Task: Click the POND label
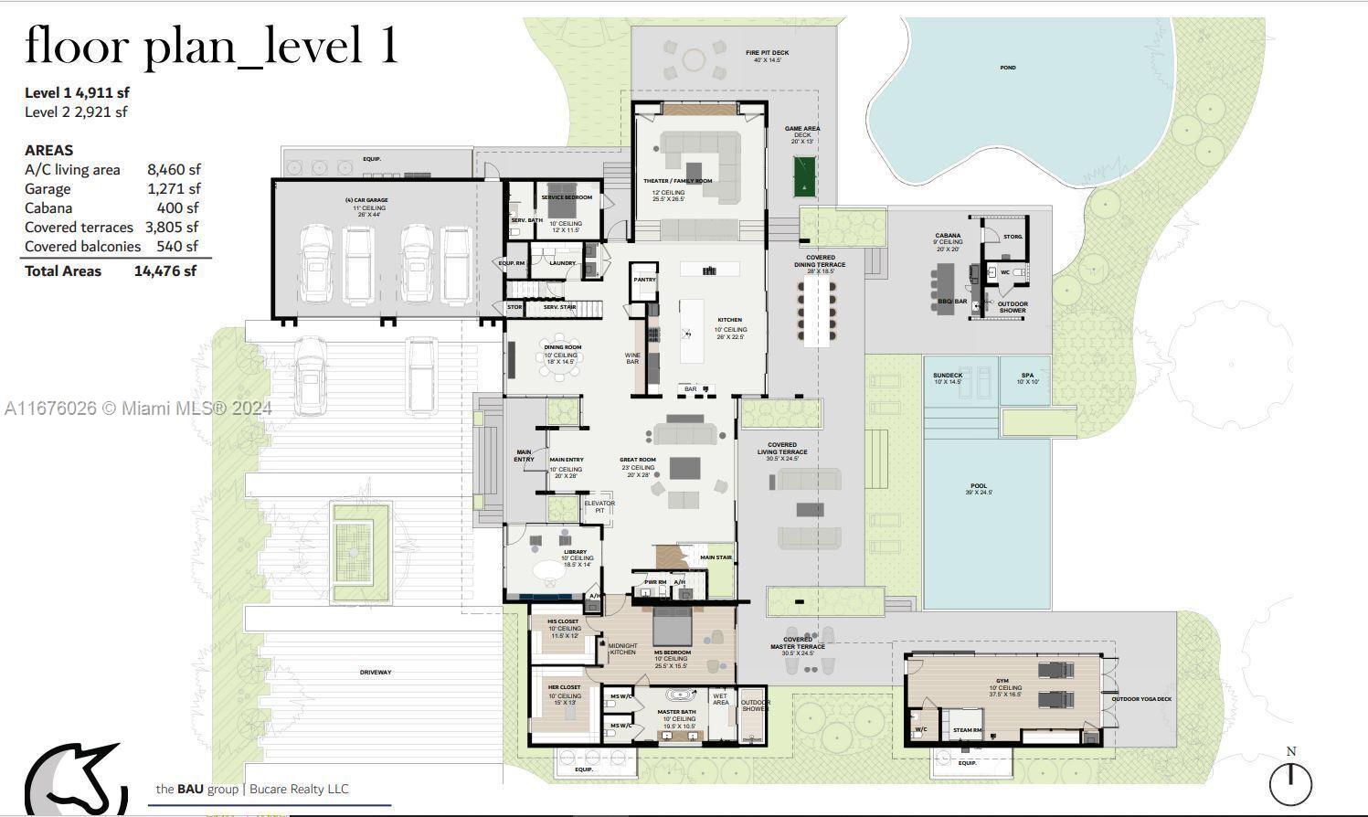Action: coord(1007,68)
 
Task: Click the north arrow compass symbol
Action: coord(1290,782)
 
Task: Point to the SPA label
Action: coord(1027,376)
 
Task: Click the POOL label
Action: coord(979,486)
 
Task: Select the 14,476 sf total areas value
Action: coord(164,271)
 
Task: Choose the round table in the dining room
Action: coord(553,356)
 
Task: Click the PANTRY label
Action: coord(644,280)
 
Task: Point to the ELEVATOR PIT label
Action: coord(599,506)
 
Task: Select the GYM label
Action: coord(1002,682)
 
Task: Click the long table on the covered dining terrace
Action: coord(818,311)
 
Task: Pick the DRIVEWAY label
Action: coord(375,673)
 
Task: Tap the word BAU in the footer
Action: coord(189,789)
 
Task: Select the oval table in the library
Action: coord(550,570)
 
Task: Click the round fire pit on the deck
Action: coord(694,60)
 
